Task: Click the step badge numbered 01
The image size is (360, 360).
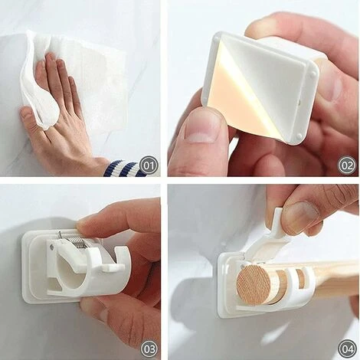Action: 149,166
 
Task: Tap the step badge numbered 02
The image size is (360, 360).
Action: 347,166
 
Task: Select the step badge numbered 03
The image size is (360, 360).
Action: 149,349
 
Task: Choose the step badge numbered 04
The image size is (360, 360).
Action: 347,349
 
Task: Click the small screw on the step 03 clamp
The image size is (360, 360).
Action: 52,247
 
